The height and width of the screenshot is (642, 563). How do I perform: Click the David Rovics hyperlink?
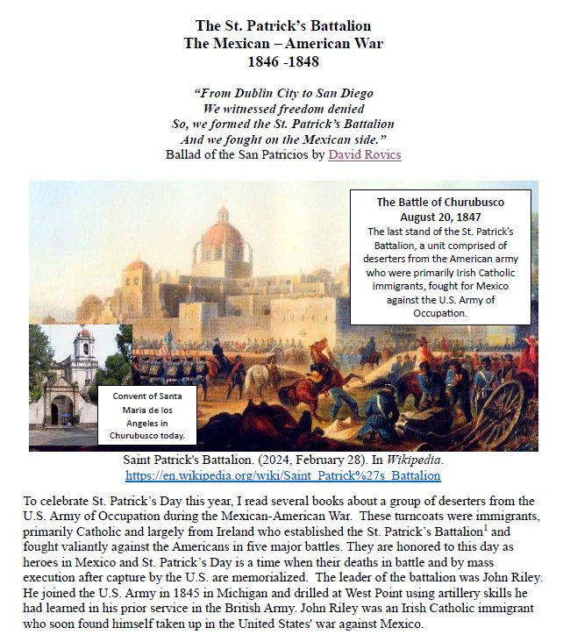[365, 155]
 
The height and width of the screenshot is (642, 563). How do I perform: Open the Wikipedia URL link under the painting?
[283, 475]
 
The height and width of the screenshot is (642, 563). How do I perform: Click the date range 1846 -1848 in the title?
[282, 63]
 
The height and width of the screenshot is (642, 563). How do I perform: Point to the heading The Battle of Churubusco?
[440, 203]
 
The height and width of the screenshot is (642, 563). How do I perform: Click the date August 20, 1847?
[440, 216]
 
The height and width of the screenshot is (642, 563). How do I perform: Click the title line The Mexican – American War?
[282, 44]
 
